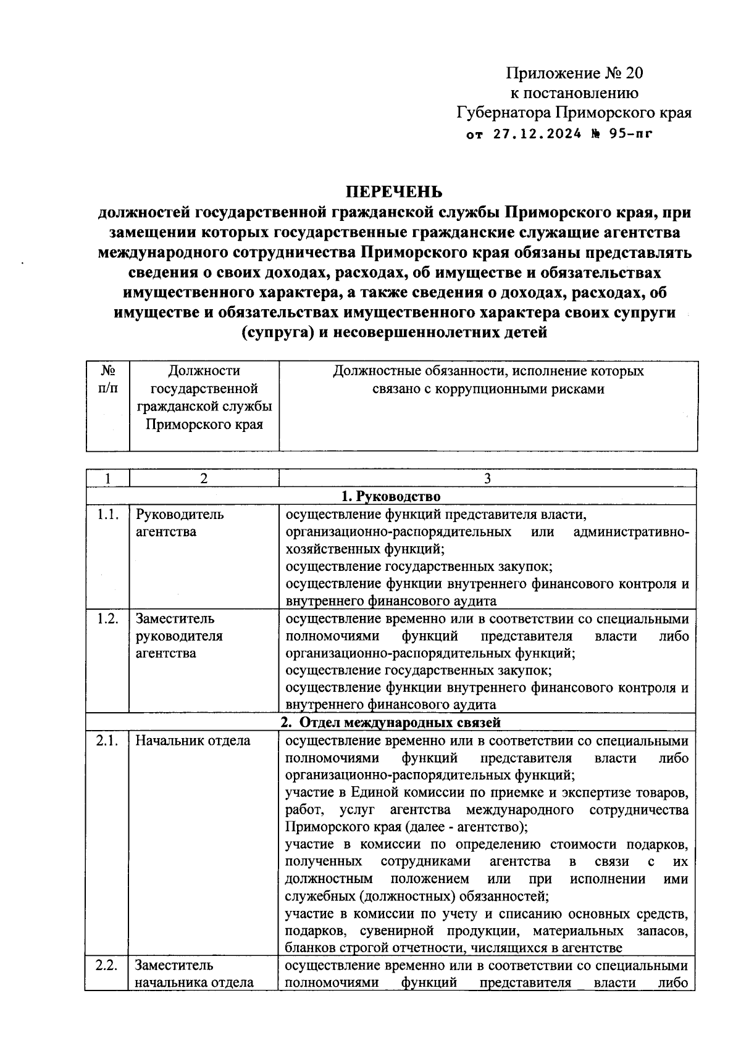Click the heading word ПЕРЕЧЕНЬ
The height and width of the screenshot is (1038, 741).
[393, 192]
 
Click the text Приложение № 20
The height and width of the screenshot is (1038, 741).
[574, 73]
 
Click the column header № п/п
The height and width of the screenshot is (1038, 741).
[108, 380]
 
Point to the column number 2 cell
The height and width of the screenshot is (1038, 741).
[204, 479]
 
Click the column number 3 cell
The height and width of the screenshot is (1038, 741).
[487, 479]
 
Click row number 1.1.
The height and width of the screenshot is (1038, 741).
[107, 515]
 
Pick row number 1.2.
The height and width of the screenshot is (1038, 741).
[107, 618]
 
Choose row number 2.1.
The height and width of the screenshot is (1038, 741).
[107, 741]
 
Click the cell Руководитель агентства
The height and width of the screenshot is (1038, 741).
[179, 523]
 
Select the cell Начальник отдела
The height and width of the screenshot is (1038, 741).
[193, 741]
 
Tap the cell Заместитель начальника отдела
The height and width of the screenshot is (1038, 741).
[194, 974]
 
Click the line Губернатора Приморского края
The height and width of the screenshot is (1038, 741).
[574, 113]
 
